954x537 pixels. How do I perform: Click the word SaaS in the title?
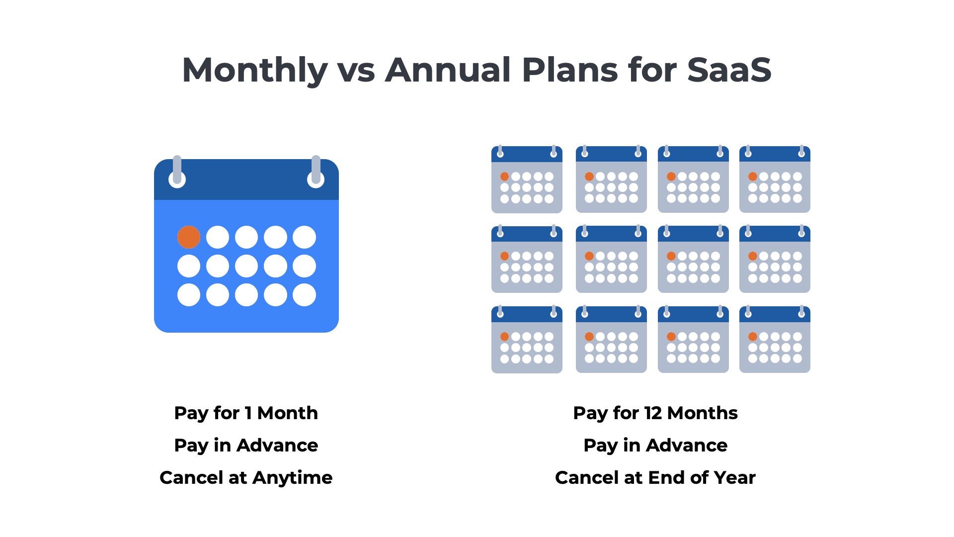(x=729, y=70)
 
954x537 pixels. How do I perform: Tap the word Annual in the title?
(x=448, y=70)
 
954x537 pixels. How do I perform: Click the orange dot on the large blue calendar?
(x=189, y=237)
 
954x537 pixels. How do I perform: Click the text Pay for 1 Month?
(x=246, y=413)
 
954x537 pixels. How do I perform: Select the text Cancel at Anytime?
(x=246, y=478)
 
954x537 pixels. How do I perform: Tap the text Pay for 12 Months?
(x=655, y=413)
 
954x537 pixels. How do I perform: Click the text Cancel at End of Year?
(x=655, y=478)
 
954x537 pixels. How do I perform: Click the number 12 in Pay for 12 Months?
(x=653, y=413)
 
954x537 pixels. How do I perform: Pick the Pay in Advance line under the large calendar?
(x=246, y=446)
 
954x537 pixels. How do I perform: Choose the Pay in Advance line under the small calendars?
(x=655, y=446)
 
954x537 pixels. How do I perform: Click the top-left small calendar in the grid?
(x=527, y=180)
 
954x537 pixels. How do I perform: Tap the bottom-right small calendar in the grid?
(x=775, y=340)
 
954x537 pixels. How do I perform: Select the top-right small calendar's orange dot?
(x=753, y=177)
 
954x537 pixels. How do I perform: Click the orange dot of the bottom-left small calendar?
(x=504, y=337)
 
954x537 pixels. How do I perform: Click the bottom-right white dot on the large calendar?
(x=304, y=295)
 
